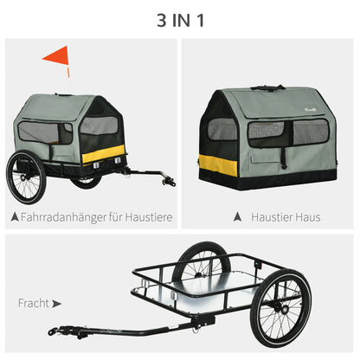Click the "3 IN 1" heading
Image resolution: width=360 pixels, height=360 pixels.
tap(180, 18)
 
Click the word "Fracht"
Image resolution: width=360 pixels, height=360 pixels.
tap(33, 304)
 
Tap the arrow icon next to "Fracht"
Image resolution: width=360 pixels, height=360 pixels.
tap(57, 304)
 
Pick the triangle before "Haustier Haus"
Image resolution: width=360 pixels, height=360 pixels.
tap(231, 216)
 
